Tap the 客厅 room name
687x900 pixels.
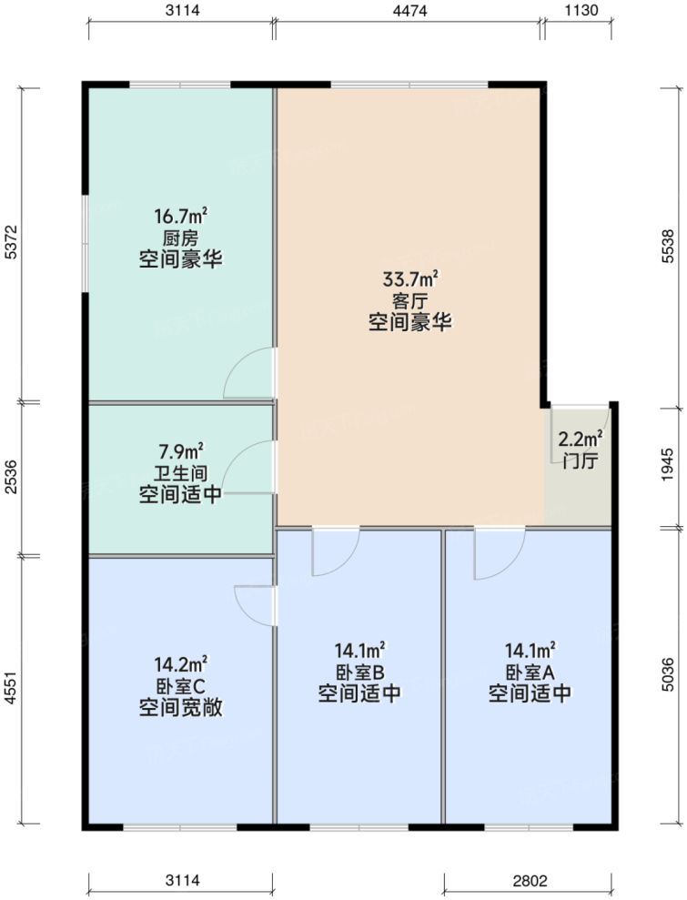(x=410, y=299)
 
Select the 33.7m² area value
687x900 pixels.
(x=410, y=278)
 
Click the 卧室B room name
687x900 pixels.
(x=359, y=672)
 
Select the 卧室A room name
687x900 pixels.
(x=530, y=672)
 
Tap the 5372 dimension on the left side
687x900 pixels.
(x=12, y=243)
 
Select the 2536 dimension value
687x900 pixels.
(x=12, y=477)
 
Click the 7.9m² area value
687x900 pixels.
(x=180, y=450)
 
